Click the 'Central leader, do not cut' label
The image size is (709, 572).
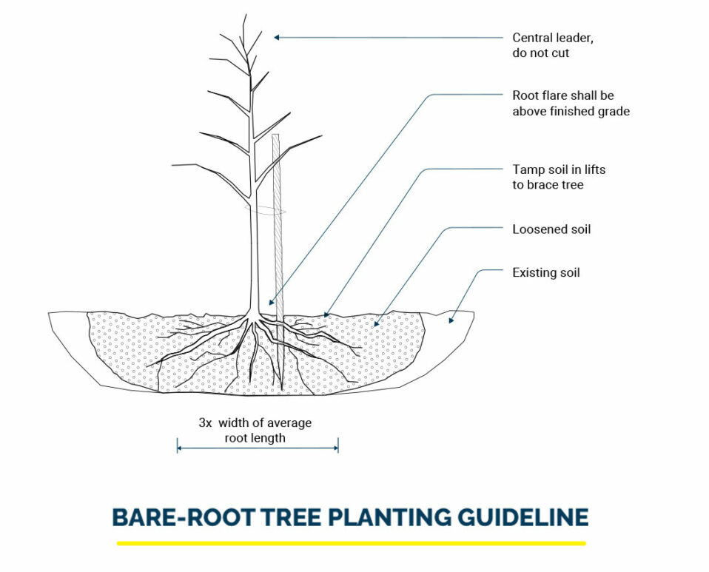[553, 45]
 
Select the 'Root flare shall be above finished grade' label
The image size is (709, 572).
[571, 103]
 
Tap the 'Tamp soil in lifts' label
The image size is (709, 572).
[559, 169]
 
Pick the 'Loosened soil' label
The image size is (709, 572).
[551, 229]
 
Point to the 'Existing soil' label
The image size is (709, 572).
[545, 272]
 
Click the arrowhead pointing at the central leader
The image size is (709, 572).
[277, 38]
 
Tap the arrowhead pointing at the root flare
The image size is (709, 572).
[270, 303]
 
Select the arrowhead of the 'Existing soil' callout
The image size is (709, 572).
[451, 320]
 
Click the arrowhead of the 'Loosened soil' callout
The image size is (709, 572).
[376, 323]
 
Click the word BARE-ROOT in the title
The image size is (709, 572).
[184, 517]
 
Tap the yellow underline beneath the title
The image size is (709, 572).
[352, 543]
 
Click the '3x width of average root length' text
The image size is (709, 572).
[255, 430]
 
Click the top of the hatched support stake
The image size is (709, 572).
[276, 135]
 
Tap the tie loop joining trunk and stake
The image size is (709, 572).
[265, 209]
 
